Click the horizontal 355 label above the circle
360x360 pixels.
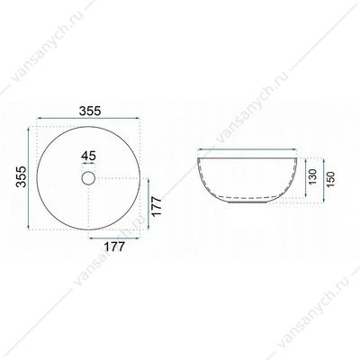click(90, 111)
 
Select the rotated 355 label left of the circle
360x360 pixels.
click(22, 176)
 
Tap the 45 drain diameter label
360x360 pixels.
click(88, 156)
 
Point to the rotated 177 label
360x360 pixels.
click(157, 206)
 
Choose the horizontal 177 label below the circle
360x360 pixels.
click(114, 247)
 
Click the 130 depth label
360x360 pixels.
click(312, 176)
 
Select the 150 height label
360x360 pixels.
click(330, 179)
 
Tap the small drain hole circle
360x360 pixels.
click(88, 178)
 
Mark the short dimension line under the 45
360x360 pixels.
click(88, 164)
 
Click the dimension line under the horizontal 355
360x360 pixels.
click(88, 118)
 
